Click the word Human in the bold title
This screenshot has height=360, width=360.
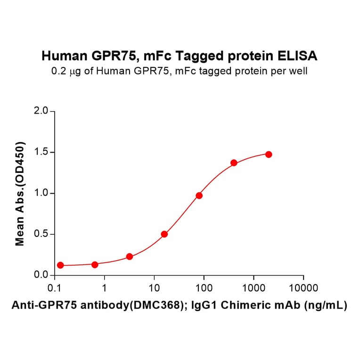(64, 57)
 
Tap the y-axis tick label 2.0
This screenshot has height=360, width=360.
(41, 111)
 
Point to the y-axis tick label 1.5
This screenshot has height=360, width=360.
(41, 152)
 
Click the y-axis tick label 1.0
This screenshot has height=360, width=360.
(41, 193)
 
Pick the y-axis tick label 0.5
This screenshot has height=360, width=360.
(41, 234)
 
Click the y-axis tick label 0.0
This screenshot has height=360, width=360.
(41, 275)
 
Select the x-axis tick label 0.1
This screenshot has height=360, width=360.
(54, 288)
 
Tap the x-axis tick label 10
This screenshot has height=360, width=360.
(154, 288)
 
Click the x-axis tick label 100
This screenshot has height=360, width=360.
(204, 288)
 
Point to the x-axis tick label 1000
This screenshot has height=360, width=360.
(254, 288)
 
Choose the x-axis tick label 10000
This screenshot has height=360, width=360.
(303, 288)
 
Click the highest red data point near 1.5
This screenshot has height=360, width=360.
(269, 155)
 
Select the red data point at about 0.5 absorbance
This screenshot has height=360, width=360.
(164, 234)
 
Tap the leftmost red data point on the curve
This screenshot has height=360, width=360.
(60, 265)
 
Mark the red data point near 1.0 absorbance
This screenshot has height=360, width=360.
(199, 195)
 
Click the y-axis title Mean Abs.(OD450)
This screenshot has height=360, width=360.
(20, 193)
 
